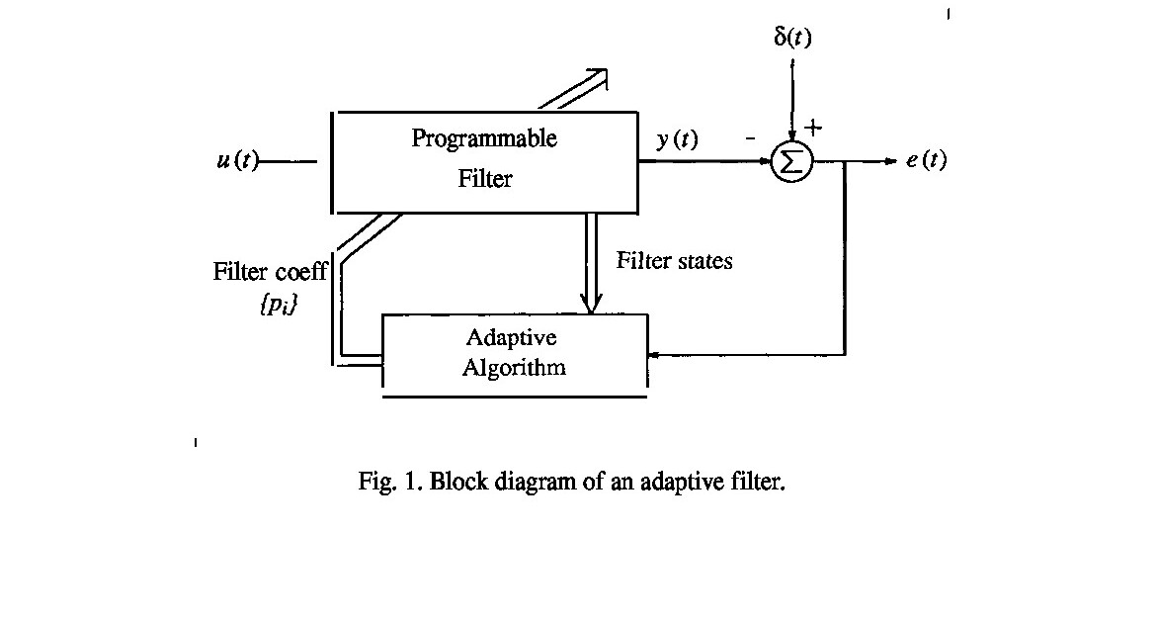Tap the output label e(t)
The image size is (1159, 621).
pyautogui.click(x=926, y=161)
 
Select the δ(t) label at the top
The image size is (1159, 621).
pyautogui.click(x=791, y=38)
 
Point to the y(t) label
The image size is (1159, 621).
pyautogui.click(x=677, y=139)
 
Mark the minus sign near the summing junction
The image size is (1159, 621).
pyautogui.click(x=750, y=139)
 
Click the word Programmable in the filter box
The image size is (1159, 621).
pyautogui.click(x=484, y=138)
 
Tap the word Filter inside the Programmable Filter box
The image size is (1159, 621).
pyautogui.click(x=484, y=180)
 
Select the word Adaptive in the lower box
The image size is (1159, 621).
pyautogui.click(x=511, y=338)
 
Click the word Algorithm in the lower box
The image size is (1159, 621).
pyautogui.click(x=514, y=369)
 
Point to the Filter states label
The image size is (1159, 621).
pyautogui.click(x=675, y=261)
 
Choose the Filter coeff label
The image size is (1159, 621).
pyautogui.click(x=269, y=272)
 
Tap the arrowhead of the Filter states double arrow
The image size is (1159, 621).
pyautogui.click(x=592, y=304)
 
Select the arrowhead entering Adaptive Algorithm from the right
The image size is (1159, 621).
pyautogui.click(x=653, y=354)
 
